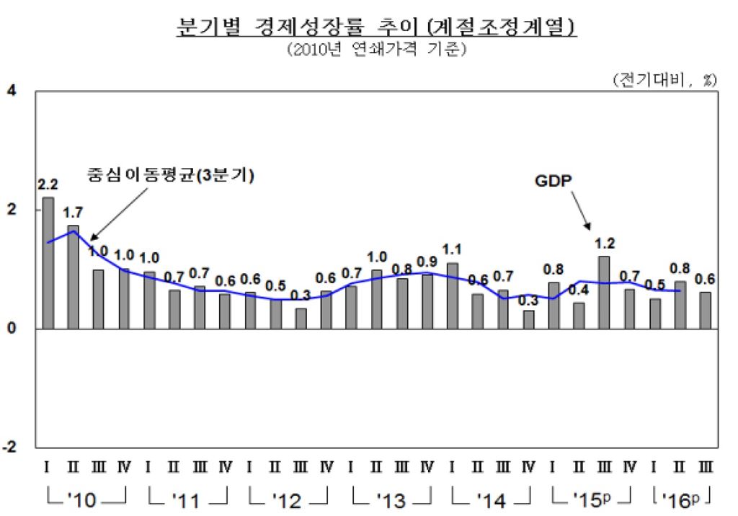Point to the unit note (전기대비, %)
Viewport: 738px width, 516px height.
(664, 79)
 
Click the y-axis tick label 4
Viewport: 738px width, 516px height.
(12, 92)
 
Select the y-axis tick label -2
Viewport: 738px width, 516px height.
(10, 447)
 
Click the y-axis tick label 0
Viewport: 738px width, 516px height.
(12, 329)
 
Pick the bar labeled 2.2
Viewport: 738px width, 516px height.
(48, 263)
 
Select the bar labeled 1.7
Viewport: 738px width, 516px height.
(73, 277)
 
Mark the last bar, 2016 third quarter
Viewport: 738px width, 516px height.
(705, 311)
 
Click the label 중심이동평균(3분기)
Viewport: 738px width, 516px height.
(172, 176)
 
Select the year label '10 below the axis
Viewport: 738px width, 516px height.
(85, 499)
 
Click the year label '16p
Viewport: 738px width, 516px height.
(680, 499)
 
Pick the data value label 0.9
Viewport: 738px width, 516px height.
(427, 262)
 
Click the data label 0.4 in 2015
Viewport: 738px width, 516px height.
(578, 290)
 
